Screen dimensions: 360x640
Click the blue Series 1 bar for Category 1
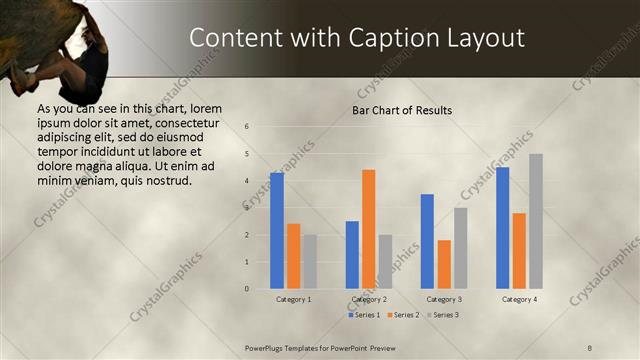(277, 231)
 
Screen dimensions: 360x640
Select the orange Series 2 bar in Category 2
(368, 229)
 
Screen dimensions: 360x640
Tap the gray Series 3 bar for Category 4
(536, 221)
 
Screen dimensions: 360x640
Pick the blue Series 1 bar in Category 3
(427, 241)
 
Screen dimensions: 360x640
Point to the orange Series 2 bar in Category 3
(444, 264)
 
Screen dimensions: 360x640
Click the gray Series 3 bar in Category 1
(310, 262)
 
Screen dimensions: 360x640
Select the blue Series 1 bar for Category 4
(502, 228)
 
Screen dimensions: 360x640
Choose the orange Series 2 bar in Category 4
(519, 251)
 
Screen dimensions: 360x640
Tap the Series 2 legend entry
(402, 315)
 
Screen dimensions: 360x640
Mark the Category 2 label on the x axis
(369, 299)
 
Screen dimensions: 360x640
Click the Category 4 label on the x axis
(519, 299)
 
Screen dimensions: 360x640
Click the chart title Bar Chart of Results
(402, 110)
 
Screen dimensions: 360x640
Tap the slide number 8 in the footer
(590, 347)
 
